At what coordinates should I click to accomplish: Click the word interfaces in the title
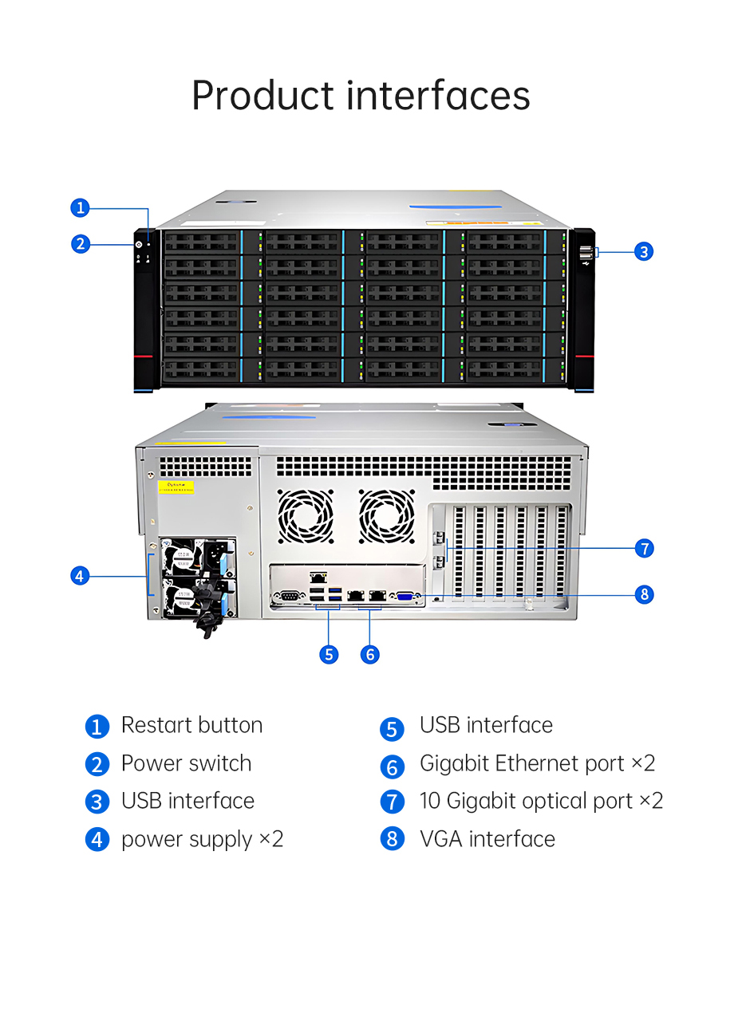(x=438, y=95)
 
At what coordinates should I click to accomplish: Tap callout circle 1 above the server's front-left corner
(x=80, y=208)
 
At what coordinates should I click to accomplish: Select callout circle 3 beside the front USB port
(x=644, y=251)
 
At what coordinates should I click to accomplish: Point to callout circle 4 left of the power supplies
(x=80, y=575)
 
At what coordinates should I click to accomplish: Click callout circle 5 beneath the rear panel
(x=329, y=654)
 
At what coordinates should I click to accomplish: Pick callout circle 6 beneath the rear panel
(x=369, y=654)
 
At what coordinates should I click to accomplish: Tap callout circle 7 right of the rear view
(x=644, y=548)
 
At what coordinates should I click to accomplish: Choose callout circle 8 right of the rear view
(x=644, y=594)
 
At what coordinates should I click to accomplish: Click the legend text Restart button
(x=191, y=725)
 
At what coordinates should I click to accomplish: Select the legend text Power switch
(x=186, y=763)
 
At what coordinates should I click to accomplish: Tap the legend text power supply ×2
(x=202, y=839)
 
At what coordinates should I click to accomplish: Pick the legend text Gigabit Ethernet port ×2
(x=537, y=763)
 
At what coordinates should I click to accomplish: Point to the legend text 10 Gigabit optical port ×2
(x=541, y=801)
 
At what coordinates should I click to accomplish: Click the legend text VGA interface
(x=487, y=839)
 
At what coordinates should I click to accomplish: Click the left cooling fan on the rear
(x=305, y=516)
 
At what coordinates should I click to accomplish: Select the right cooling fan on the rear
(x=387, y=516)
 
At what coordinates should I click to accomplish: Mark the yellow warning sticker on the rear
(x=176, y=487)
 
